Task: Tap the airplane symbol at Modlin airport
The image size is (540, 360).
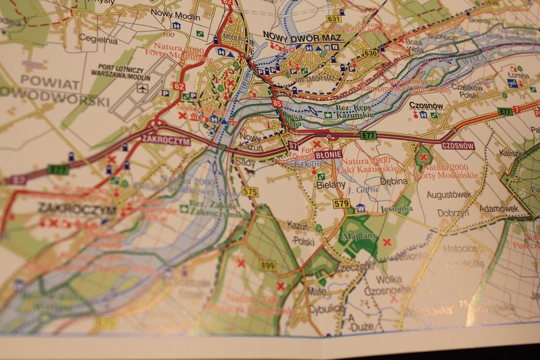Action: pos(142,89)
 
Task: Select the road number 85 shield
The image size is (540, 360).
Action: pos(278,103)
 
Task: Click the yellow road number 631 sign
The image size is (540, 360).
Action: pos(334,19)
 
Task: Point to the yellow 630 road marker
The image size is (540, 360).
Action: pos(370,53)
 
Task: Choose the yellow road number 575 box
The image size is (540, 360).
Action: pos(250,191)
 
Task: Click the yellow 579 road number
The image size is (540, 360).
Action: pos(341,203)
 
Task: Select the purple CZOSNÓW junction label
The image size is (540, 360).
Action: pos(457,145)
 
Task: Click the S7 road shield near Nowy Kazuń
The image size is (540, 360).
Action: pos(293,145)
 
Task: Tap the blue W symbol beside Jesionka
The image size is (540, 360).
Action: pos(360,208)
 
